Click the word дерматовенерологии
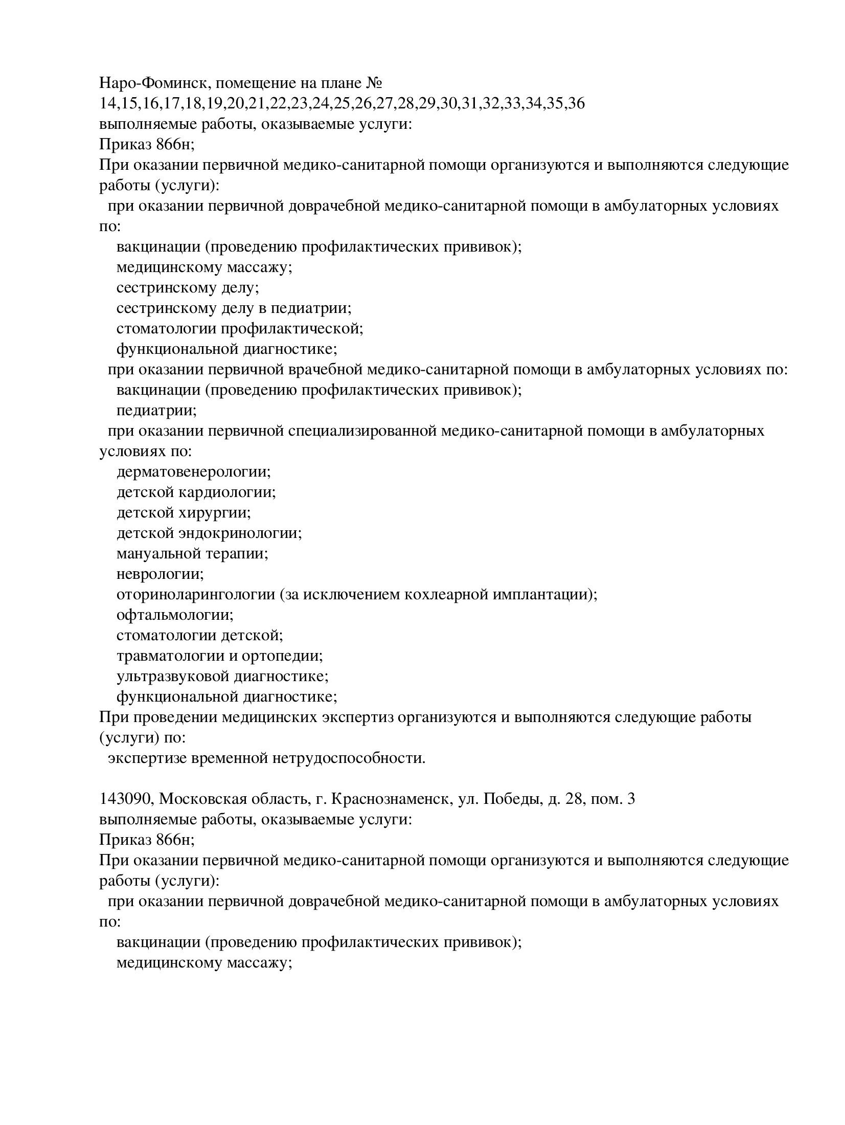(194, 471)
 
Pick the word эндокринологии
(240, 533)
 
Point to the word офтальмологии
(175, 615)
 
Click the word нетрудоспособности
(349, 758)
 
